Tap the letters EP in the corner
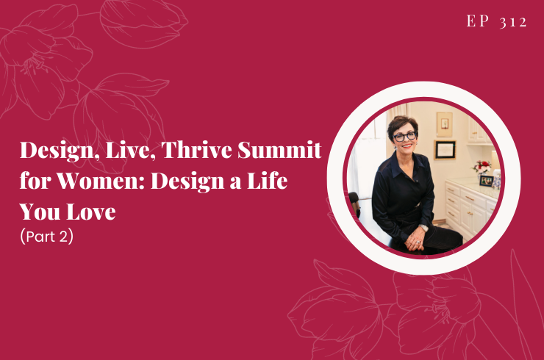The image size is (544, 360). click(x=479, y=21)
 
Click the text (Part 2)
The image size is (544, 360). click(x=47, y=238)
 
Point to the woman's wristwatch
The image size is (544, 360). click(x=425, y=228)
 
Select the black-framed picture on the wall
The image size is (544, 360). click(x=445, y=150)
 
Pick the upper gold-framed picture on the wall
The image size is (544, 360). click(x=445, y=123)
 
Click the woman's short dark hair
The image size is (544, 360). click(x=403, y=123)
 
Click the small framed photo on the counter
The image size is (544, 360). click(x=487, y=180)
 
